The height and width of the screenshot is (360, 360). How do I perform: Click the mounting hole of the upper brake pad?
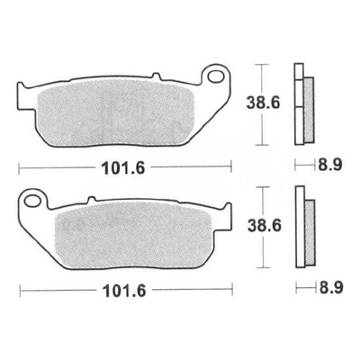click(215, 76)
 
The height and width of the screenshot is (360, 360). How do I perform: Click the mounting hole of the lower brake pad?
click(31, 201)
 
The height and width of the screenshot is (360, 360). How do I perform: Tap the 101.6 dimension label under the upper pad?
click(123, 168)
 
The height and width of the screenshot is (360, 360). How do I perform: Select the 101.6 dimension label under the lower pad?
click(124, 291)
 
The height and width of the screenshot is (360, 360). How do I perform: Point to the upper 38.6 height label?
click(263, 103)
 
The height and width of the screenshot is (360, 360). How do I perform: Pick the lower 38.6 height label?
click(265, 226)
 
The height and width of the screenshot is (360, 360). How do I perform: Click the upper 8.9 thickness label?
click(329, 165)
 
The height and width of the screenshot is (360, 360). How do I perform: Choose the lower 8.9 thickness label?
click(331, 288)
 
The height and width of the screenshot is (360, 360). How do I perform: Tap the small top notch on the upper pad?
click(156, 75)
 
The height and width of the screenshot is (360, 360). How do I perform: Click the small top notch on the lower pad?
click(91, 200)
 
